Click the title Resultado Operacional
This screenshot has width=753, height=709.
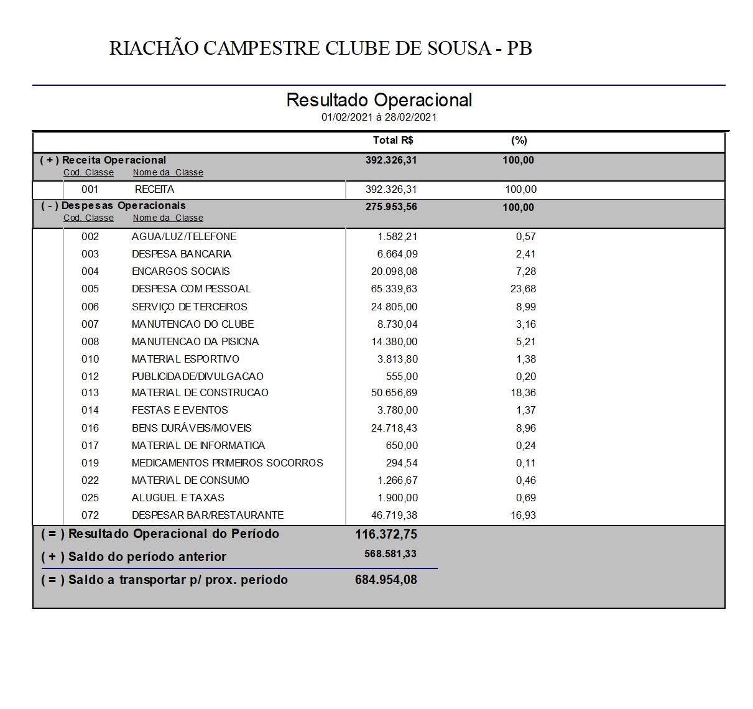(x=379, y=100)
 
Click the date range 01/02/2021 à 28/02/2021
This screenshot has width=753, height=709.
(x=379, y=117)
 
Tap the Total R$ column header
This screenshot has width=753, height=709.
(x=393, y=141)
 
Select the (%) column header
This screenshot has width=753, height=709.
(x=519, y=141)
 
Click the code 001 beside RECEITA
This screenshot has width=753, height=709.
(x=90, y=190)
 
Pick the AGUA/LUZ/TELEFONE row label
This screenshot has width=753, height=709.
(x=184, y=237)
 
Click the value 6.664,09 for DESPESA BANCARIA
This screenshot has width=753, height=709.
(x=397, y=254)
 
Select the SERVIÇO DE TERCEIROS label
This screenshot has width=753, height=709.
(x=189, y=307)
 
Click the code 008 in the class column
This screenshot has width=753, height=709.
(x=90, y=342)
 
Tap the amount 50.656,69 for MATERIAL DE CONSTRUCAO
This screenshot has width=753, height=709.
(x=394, y=393)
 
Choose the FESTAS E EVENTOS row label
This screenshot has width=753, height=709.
(x=180, y=410)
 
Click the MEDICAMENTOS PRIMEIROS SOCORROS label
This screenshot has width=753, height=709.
(x=227, y=463)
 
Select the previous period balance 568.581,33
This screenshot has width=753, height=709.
(x=390, y=554)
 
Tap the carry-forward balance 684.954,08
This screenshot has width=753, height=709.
(x=386, y=580)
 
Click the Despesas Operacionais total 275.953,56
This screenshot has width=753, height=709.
(x=391, y=207)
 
